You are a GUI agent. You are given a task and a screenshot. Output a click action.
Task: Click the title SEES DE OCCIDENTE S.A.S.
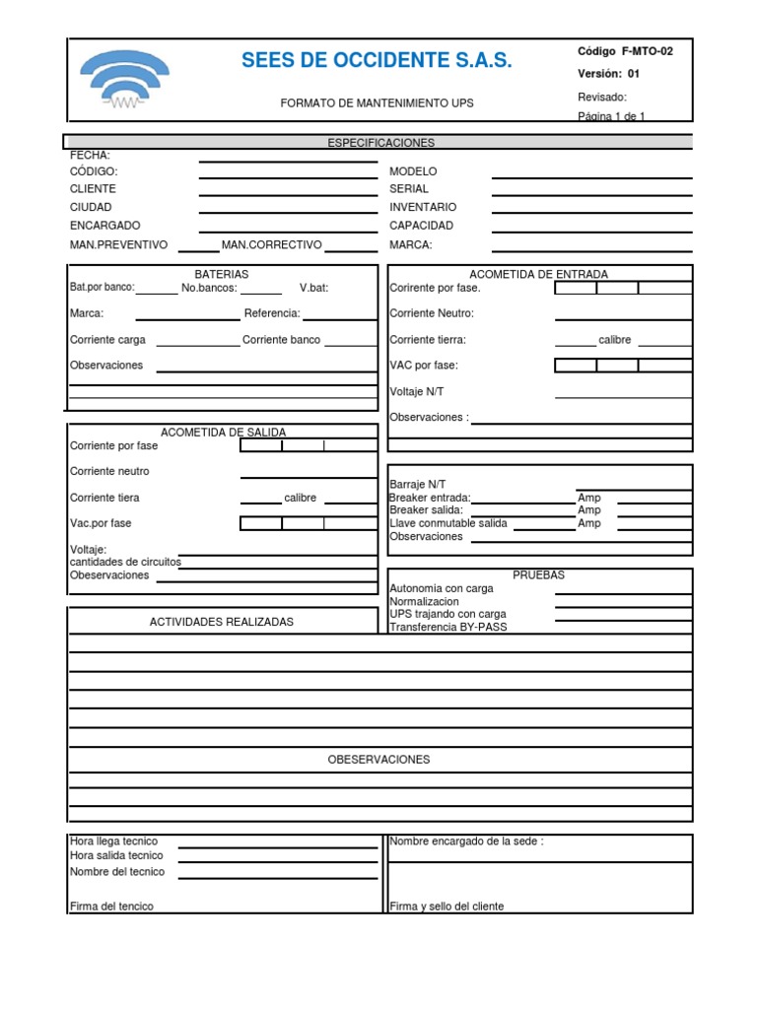click(377, 61)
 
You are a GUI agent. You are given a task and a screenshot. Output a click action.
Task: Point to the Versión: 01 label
click(608, 74)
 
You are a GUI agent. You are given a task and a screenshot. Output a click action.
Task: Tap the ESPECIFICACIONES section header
click(380, 143)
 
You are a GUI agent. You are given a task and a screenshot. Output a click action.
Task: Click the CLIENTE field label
click(93, 189)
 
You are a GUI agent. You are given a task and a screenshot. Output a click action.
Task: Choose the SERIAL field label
click(409, 189)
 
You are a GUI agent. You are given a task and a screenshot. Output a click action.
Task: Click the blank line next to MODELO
click(591, 177)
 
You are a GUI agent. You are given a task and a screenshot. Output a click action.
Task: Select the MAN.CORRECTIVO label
click(272, 244)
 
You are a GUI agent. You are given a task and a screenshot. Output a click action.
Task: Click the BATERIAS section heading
click(221, 274)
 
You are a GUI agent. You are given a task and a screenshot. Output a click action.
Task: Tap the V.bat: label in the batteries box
click(314, 289)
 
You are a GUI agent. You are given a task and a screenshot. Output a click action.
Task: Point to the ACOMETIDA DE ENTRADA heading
click(538, 274)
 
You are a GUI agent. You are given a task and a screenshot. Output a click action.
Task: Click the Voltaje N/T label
click(417, 391)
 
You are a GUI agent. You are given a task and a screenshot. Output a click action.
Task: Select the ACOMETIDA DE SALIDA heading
click(223, 433)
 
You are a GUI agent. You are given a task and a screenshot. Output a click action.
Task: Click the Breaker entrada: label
click(430, 498)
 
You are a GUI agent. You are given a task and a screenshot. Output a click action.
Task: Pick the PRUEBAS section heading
click(538, 575)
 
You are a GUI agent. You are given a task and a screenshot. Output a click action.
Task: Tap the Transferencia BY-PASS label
click(448, 627)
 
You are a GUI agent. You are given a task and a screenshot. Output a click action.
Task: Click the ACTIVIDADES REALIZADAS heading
click(221, 622)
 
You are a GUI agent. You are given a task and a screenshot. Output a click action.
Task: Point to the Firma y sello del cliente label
click(447, 907)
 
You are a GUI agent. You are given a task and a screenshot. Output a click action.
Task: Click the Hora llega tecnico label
click(113, 841)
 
